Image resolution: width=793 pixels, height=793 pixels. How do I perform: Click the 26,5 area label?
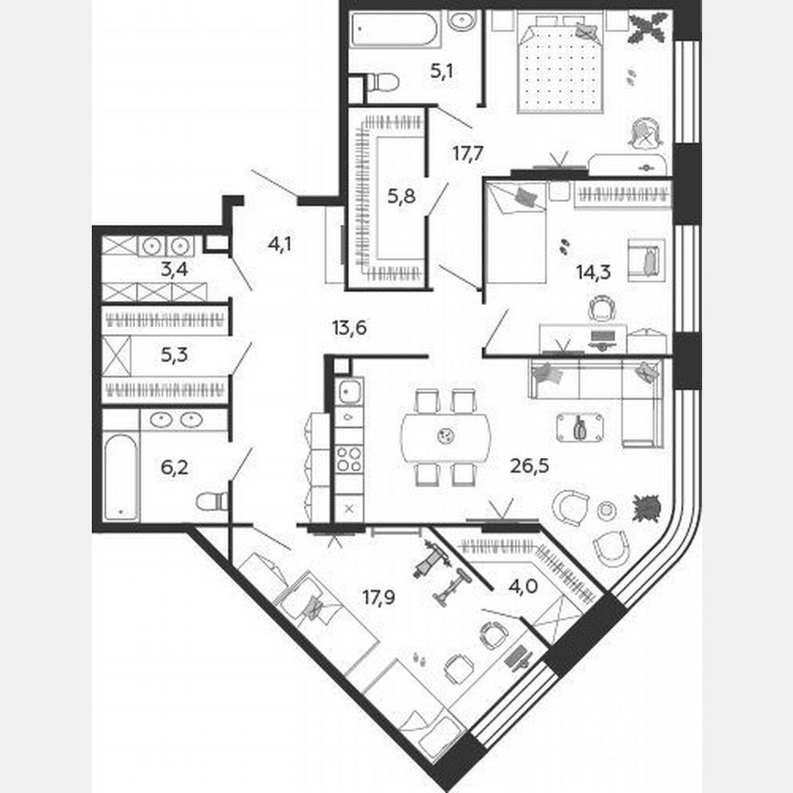pyautogui.click(x=529, y=464)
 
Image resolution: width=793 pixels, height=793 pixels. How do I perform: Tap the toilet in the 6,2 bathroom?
pyautogui.click(x=212, y=501)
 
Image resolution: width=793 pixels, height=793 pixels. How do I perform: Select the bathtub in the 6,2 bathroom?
pyautogui.click(x=120, y=477)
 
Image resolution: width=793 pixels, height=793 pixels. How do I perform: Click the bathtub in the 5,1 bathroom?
pyautogui.click(x=396, y=30)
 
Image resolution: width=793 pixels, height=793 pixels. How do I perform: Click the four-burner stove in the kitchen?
pyautogui.click(x=349, y=458)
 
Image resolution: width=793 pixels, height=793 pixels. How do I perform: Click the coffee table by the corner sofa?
pyautogui.click(x=580, y=427)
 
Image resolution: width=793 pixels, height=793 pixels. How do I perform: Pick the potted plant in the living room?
pyautogui.click(x=646, y=508)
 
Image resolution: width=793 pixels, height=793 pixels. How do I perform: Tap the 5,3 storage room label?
pyautogui.click(x=174, y=354)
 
